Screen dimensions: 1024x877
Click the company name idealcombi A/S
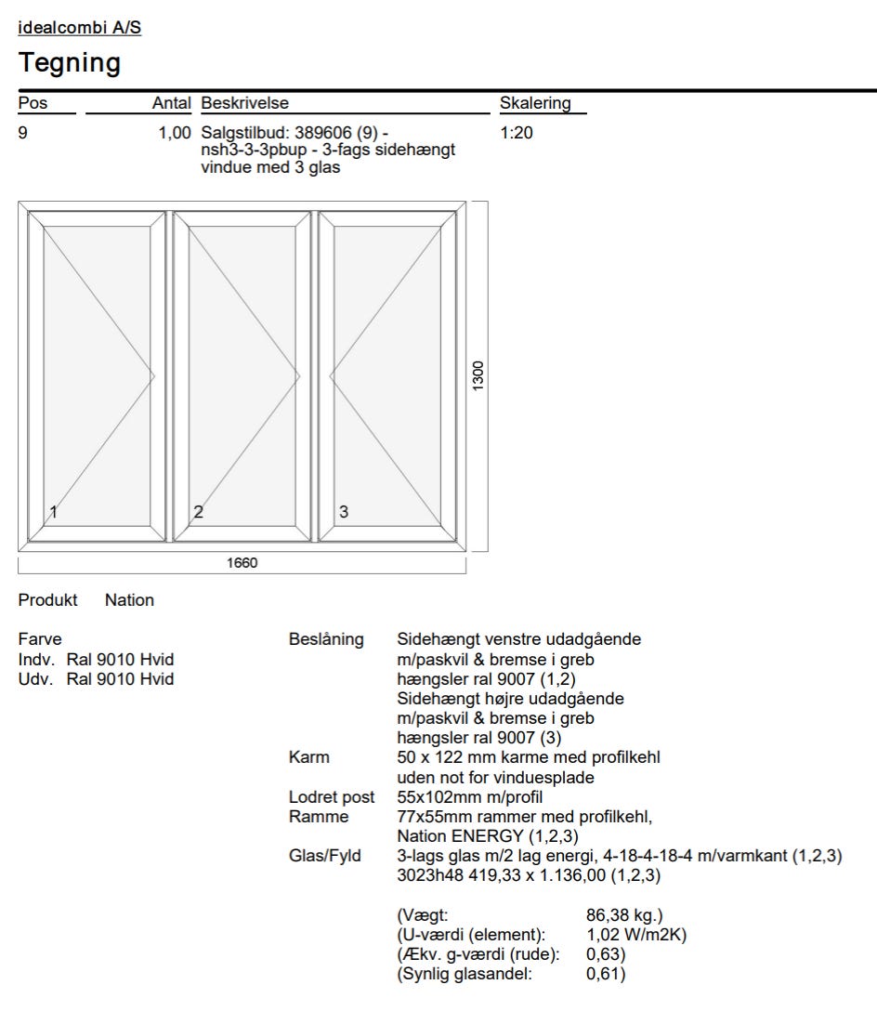[x=80, y=28]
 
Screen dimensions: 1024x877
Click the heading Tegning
[x=70, y=63]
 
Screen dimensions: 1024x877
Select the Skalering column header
[x=535, y=103]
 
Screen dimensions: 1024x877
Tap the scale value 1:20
[x=517, y=133]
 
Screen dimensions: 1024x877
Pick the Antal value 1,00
[x=174, y=133]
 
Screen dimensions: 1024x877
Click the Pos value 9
[x=23, y=133]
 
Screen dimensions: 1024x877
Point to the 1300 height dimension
[x=478, y=375]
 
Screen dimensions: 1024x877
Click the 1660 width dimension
[x=242, y=563]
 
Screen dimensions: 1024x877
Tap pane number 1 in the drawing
[x=54, y=511]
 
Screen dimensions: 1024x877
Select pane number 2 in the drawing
[x=198, y=511]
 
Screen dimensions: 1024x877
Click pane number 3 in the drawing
[x=344, y=511]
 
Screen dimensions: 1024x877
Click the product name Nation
[x=129, y=600]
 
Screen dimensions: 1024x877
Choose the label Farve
[x=40, y=639]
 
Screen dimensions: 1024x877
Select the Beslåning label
[x=326, y=639]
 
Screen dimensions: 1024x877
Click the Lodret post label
[x=332, y=797]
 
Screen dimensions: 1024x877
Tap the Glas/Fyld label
[x=325, y=856]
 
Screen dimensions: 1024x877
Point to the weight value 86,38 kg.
[x=624, y=915]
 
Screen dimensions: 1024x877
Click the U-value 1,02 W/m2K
[x=636, y=935]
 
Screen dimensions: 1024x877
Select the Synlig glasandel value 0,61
[x=606, y=974]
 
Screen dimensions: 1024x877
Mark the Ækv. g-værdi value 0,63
[x=606, y=954]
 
